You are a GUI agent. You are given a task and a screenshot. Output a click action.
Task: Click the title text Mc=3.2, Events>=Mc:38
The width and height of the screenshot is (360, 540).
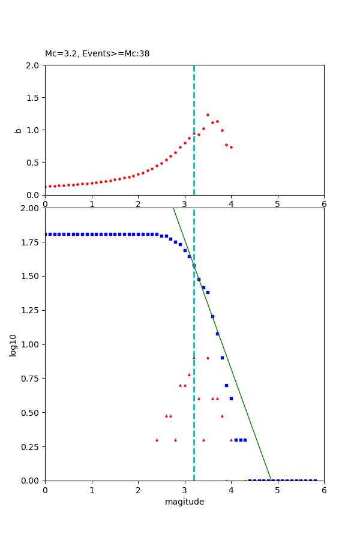click(97, 54)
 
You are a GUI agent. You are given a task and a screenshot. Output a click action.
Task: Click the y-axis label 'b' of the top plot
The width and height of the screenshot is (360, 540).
click(18, 130)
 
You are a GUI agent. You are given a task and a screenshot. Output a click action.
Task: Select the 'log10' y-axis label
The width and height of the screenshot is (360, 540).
click(13, 344)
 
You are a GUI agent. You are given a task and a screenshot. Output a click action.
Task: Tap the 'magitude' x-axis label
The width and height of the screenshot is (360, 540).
click(184, 502)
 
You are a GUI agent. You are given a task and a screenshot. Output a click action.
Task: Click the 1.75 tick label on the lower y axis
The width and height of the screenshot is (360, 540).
click(31, 242)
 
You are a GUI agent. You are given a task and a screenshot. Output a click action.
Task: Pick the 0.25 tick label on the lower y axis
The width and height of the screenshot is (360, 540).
click(31, 447)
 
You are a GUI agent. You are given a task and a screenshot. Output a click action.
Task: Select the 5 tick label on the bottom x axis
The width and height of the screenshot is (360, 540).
click(277, 490)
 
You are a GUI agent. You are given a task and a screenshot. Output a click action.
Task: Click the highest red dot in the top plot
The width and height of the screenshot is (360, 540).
click(208, 115)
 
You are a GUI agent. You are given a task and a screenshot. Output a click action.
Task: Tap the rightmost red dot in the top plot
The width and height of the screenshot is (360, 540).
click(231, 147)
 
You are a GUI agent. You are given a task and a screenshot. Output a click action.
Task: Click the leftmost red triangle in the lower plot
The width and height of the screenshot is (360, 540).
click(157, 440)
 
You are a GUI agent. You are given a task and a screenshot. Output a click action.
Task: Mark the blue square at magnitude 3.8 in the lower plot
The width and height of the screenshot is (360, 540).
click(222, 358)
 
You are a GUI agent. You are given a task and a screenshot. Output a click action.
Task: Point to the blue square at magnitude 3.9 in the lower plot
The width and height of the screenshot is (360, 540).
click(226, 385)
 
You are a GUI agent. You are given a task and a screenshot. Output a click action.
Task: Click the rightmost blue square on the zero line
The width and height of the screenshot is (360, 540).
click(315, 481)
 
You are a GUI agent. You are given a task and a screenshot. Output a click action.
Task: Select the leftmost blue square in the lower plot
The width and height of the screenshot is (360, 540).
click(46, 234)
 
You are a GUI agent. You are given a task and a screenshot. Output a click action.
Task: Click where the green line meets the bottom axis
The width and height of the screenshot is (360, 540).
click(271, 480)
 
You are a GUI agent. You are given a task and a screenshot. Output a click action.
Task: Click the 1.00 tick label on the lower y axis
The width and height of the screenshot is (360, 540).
click(31, 344)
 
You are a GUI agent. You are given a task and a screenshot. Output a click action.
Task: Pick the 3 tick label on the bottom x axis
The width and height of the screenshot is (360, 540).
click(184, 490)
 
